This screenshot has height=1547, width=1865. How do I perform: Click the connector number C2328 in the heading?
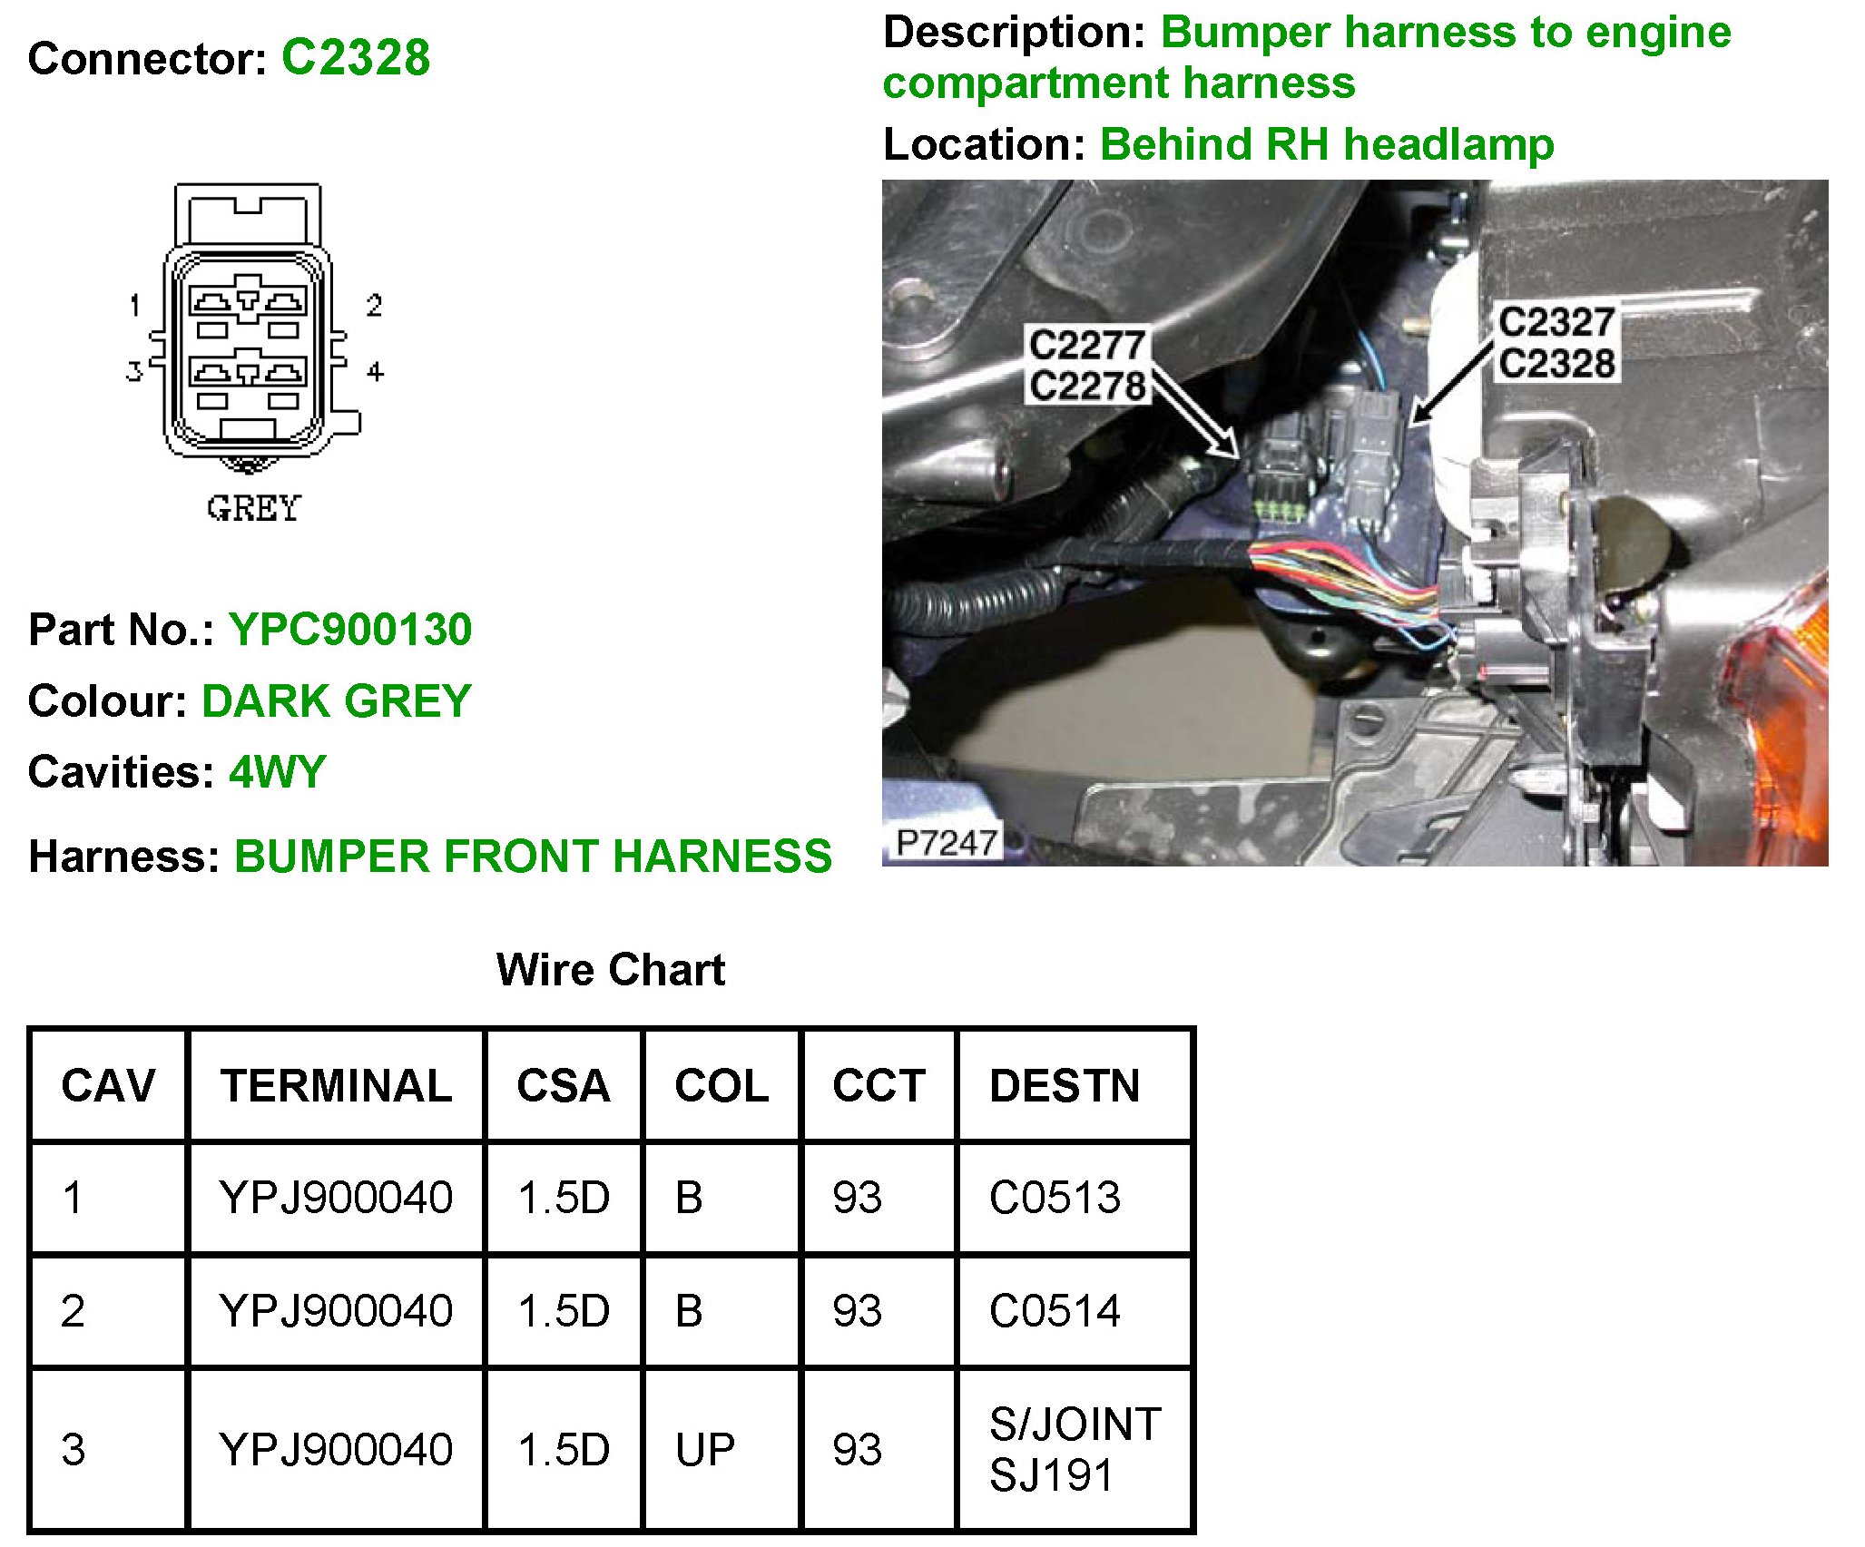click(x=355, y=58)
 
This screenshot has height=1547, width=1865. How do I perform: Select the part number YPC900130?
click(x=349, y=629)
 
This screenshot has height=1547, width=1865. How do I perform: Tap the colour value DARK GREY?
click(x=336, y=700)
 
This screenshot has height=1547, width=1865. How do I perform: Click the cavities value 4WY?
click(x=277, y=772)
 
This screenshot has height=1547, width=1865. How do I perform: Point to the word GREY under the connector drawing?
click(x=253, y=508)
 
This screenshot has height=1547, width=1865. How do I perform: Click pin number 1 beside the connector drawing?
click(x=135, y=305)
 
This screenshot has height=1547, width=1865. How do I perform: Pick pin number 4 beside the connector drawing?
click(x=375, y=371)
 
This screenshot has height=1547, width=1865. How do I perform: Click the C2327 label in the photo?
click(x=1556, y=322)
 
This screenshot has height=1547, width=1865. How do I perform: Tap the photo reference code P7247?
click(x=946, y=843)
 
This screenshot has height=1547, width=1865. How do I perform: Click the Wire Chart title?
click(x=611, y=969)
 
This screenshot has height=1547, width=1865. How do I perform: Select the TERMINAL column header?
click(x=336, y=1085)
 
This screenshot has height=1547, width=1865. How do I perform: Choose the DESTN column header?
click(x=1065, y=1085)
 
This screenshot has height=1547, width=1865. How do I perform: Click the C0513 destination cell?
click(x=1055, y=1198)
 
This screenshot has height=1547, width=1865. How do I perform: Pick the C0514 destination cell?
click(x=1055, y=1311)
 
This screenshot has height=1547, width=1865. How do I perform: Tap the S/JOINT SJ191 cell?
click(x=1075, y=1449)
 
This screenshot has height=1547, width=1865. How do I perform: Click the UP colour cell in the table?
click(x=704, y=1450)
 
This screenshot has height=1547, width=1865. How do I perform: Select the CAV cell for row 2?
click(x=74, y=1311)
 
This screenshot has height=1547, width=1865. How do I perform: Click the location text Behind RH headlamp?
click(x=1326, y=144)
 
